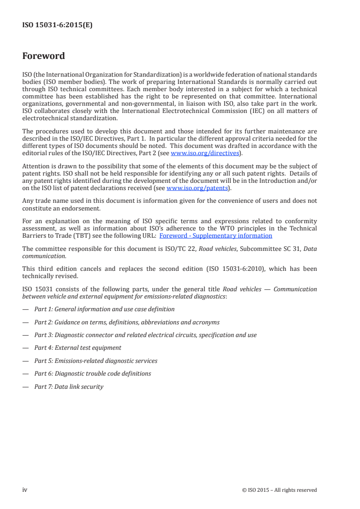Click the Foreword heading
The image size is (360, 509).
[x=44, y=56]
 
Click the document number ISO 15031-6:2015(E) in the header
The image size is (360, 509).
[x=57, y=26]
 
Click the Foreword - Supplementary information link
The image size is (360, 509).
[x=216, y=235]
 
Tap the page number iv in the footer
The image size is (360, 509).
[x=25, y=489]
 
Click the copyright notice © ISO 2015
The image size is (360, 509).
[x=280, y=490]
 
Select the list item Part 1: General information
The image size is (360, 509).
[x=104, y=309]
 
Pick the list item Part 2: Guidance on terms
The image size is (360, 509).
[x=127, y=322]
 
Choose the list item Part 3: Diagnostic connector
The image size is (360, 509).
[x=145, y=335]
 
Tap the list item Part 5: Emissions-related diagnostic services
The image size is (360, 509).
[x=96, y=361]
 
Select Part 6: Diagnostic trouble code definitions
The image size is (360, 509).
[x=93, y=373]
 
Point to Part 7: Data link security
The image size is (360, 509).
[x=69, y=387]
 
